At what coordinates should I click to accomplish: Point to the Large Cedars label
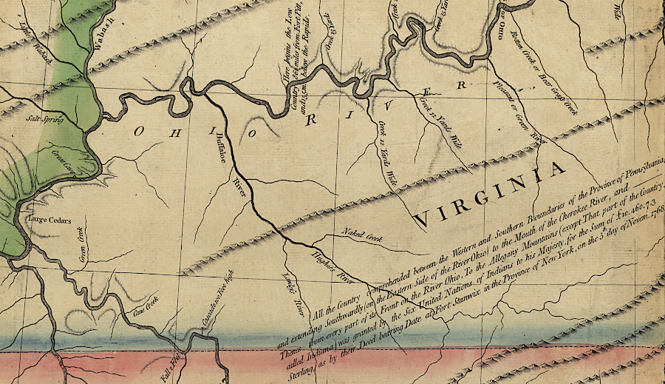[47, 220]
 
